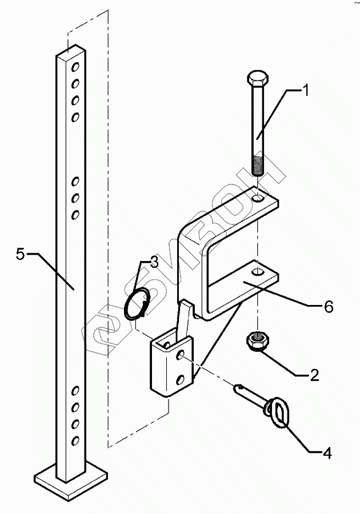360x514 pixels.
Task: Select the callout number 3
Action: point(154,263)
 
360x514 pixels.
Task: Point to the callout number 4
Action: point(326,454)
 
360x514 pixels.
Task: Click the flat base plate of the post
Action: point(71,476)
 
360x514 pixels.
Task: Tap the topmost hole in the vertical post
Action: point(74,69)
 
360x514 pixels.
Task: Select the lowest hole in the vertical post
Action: point(75,440)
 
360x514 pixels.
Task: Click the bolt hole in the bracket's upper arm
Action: point(258,199)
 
